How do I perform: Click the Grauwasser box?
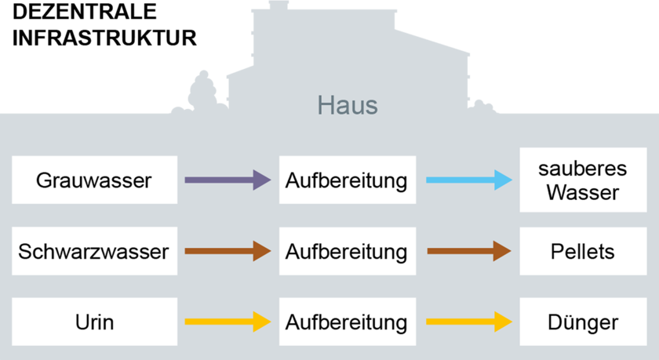pos(94,181)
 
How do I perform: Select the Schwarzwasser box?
pos(94,252)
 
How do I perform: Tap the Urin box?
pos(94,322)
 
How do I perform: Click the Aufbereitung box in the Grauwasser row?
pos(347,181)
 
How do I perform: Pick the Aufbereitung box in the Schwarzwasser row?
pos(347,252)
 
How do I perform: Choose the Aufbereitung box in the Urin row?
pos(347,322)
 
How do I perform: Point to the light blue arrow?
pos(468,180)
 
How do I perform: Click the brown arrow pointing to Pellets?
pos(468,252)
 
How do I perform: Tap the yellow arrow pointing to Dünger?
pos(468,322)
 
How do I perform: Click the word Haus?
pos(347,104)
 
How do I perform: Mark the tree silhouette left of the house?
pos(202,90)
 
